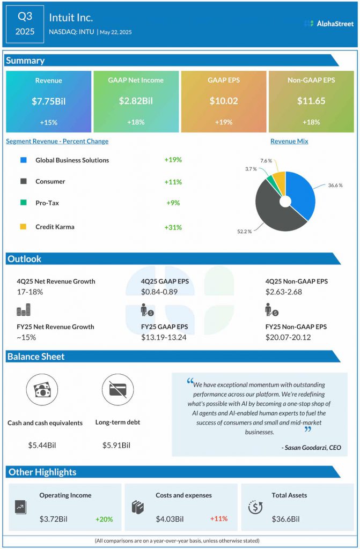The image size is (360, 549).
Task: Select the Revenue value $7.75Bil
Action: (48, 101)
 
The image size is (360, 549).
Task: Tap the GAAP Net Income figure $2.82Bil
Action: (136, 101)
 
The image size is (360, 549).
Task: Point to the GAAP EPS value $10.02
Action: (223, 101)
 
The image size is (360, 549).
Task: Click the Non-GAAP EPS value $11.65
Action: (311, 101)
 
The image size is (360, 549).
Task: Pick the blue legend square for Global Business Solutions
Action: (23, 160)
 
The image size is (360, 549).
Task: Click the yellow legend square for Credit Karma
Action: (23, 227)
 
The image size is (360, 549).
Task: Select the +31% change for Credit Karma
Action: (173, 227)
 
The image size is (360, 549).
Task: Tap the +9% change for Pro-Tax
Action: (173, 203)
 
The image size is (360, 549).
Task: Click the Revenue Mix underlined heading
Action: (289, 142)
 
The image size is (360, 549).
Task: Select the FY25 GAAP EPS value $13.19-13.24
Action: (164, 337)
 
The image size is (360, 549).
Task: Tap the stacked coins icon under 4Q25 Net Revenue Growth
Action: (24, 310)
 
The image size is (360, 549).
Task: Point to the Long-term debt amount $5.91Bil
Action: (116, 445)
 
